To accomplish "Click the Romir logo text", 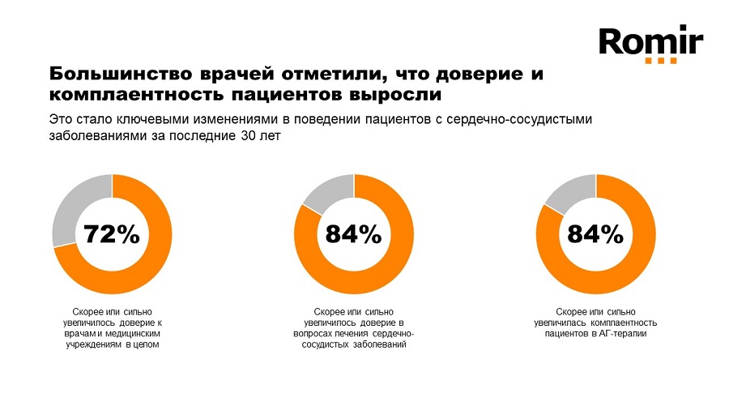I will [x=650, y=41].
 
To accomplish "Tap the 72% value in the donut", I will [x=112, y=234].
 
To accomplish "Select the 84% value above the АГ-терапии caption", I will [x=595, y=234].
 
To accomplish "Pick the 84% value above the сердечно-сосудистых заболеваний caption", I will [x=353, y=234].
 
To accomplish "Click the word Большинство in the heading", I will [x=115, y=75].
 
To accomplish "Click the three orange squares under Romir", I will [x=661, y=61].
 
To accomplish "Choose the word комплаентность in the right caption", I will [x=624, y=322].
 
